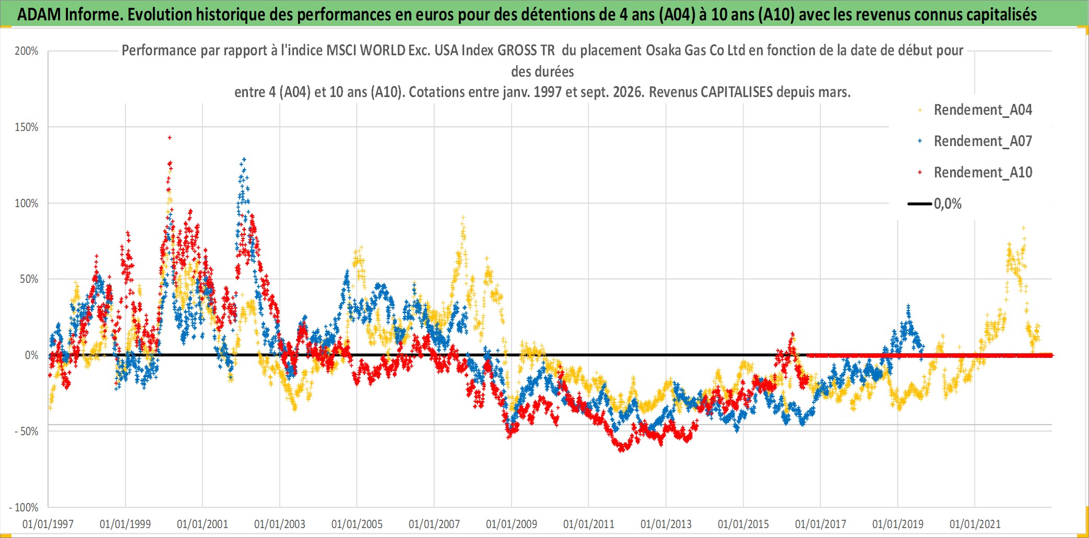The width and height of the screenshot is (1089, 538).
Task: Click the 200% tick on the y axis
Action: pyautogui.click(x=27, y=51)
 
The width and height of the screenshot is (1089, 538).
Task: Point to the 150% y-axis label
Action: pyautogui.click(x=27, y=127)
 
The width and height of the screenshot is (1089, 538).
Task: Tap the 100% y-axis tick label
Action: pyautogui.click(x=27, y=204)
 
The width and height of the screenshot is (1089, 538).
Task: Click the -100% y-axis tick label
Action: pyautogui.click(x=23, y=507)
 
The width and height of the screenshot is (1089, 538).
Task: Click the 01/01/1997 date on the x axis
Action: pyautogui.click(x=48, y=524)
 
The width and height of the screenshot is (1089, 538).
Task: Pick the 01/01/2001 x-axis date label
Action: pyautogui.click(x=203, y=524)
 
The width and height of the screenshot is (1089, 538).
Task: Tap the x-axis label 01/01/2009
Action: pyautogui.click(x=512, y=524)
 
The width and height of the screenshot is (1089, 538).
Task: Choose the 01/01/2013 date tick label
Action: pyautogui.click(x=666, y=524)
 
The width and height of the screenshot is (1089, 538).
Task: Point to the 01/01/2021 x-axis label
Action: pyautogui.click(x=975, y=524)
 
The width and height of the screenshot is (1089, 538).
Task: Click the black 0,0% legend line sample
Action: pyautogui.click(x=920, y=204)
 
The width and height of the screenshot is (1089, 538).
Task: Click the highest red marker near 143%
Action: pyautogui.click(x=170, y=138)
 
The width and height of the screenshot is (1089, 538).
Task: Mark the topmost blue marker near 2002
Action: pyautogui.click(x=244, y=160)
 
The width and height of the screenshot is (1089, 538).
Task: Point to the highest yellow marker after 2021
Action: pyautogui.click(x=1024, y=228)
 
